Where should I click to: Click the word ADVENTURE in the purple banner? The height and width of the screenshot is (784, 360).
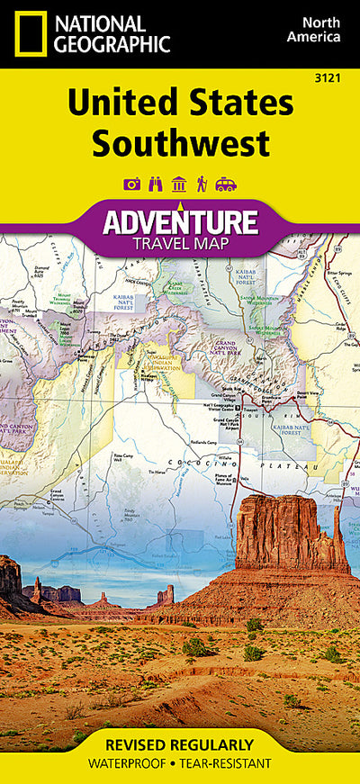pos(180,221)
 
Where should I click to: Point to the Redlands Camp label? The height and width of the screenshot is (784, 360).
pos(204,443)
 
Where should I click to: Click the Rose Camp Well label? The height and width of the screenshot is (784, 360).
pos(123,457)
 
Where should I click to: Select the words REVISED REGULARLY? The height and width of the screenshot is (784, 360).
pos(180,745)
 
